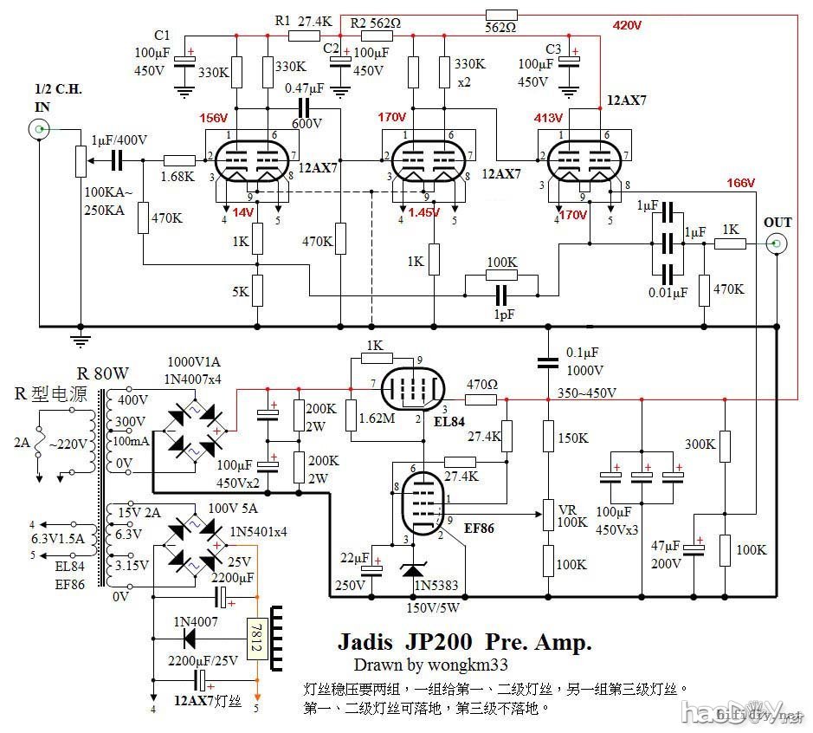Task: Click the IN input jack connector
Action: click(39, 130)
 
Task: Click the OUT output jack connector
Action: click(778, 244)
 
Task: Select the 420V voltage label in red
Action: click(626, 25)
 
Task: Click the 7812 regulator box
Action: click(255, 637)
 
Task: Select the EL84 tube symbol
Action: click(414, 387)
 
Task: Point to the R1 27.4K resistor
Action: click(304, 36)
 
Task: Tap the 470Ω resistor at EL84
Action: click(481, 399)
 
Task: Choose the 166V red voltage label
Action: click(741, 183)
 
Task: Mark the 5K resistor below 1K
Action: click(257, 291)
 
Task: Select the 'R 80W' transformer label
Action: click(103, 374)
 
